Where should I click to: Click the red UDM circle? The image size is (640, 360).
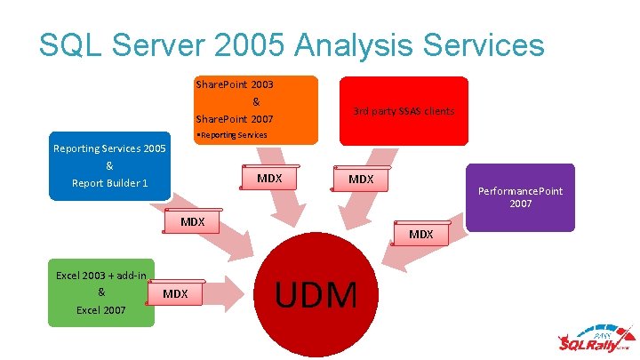point(318,293)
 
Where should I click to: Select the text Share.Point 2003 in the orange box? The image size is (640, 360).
point(234,85)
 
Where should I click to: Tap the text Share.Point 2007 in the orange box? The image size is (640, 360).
point(234,118)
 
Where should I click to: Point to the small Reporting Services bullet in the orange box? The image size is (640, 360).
point(232,135)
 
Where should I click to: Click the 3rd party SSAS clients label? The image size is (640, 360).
point(403,111)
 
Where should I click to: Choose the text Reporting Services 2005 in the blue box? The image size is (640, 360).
point(109,148)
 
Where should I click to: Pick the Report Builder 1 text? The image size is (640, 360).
point(109,184)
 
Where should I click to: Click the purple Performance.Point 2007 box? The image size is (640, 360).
point(520,197)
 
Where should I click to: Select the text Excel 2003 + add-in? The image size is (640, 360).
point(100,276)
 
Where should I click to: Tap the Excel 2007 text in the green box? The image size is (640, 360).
point(100,310)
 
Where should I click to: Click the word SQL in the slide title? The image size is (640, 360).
point(70,44)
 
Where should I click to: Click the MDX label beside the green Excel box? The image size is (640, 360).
point(175,294)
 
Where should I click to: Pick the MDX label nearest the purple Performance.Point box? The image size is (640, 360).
point(420,235)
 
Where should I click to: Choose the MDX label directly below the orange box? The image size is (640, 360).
point(269,179)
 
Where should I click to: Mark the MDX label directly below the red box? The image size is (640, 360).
point(361,180)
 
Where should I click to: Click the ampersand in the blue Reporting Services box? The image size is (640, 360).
point(109,166)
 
